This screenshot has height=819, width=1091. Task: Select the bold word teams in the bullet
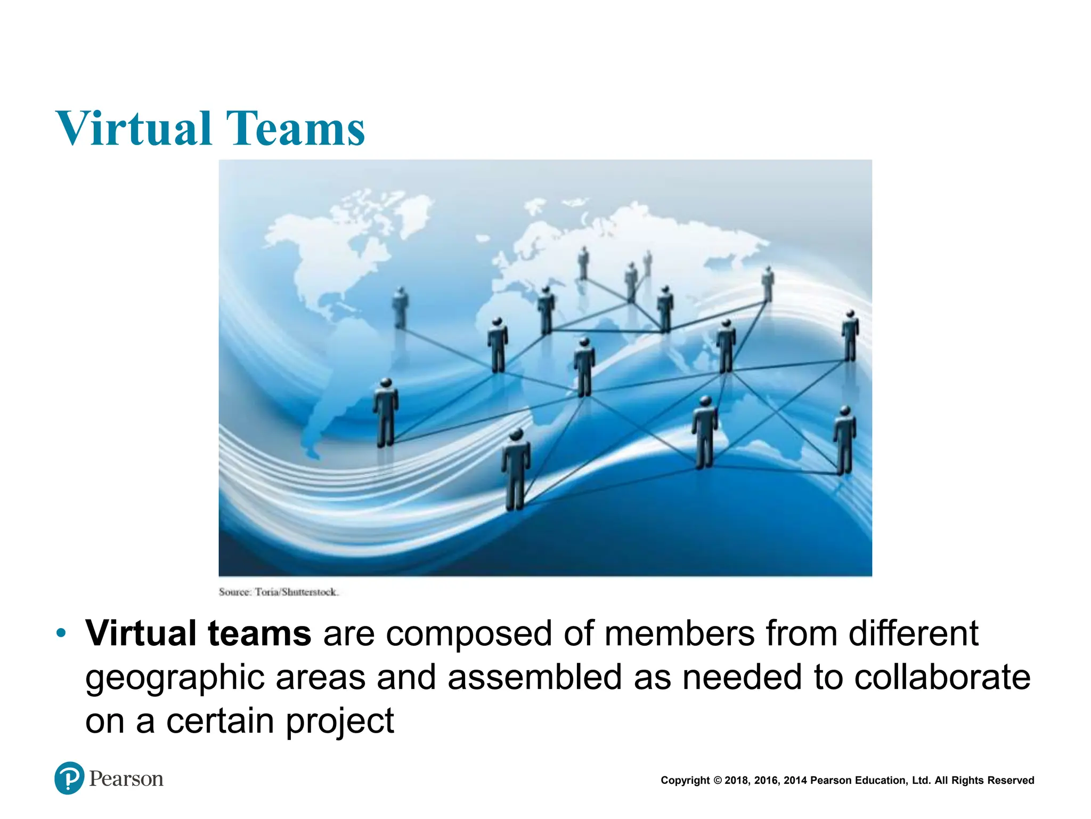pyautogui.click(x=259, y=633)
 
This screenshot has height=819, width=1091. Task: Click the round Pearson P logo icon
pyautogui.click(x=69, y=778)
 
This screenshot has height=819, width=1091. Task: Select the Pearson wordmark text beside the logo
pyautogui.click(x=126, y=779)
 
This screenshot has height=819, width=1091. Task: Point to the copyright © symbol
pyautogui.click(x=717, y=781)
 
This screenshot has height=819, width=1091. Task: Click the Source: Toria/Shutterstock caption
pyautogui.click(x=278, y=592)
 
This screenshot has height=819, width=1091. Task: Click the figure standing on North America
pyautogui.click(x=401, y=308)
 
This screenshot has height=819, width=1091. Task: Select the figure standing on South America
pyautogui.click(x=386, y=412)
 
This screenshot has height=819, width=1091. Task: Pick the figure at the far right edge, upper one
pyautogui.click(x=850, y=336)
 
